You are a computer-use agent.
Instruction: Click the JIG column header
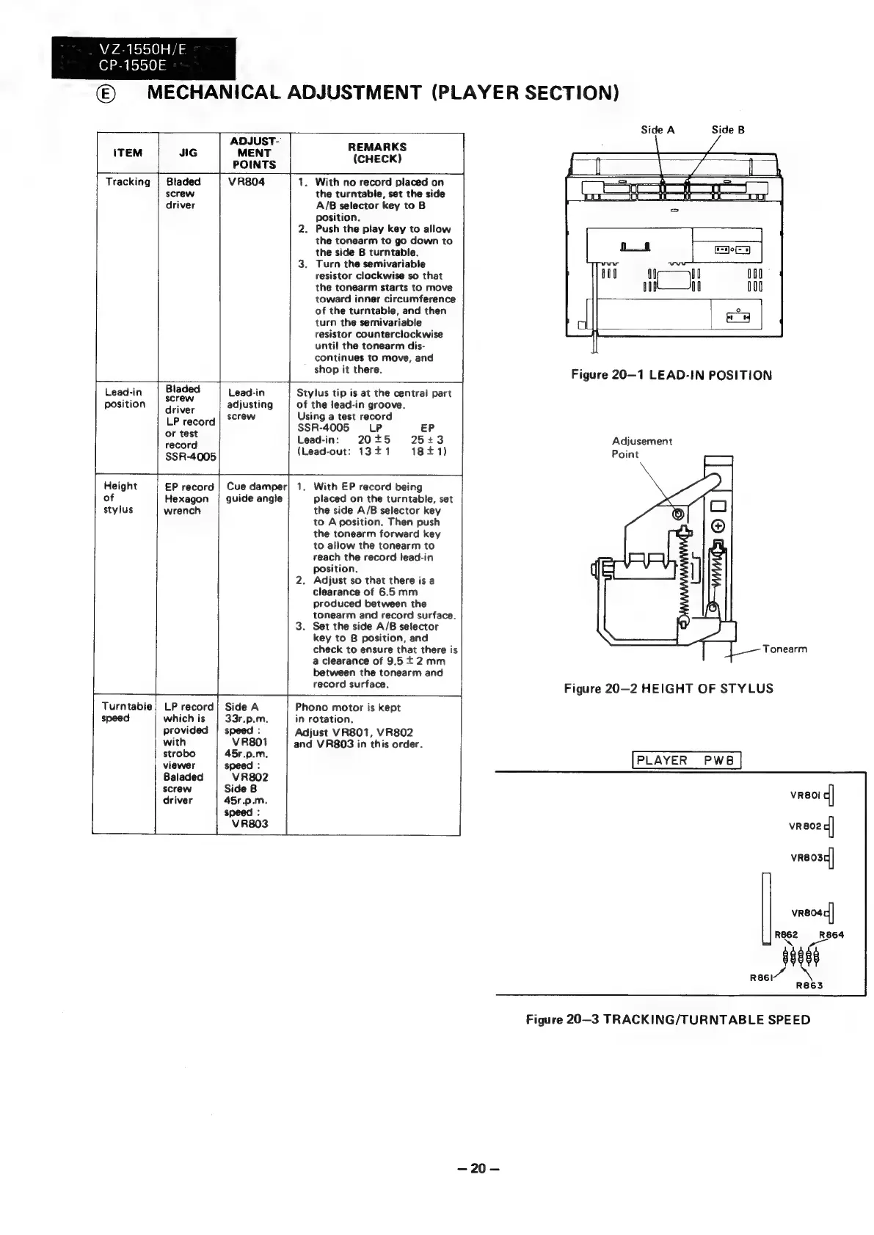(x=189, y=153)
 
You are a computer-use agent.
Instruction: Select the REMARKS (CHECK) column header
(x=377, y=153)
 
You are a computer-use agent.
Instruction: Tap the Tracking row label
(x=128, y=182)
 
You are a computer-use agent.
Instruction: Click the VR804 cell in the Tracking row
(x=247, y=182)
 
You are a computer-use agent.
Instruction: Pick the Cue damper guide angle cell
(x=255, y=492)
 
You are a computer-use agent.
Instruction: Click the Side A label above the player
(x=657, y=130)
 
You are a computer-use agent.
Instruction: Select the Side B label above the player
(x=728, y=130)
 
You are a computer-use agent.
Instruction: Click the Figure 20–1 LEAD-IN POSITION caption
(x=671, y=376)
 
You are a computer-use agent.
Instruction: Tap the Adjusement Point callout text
(x=641, y=448)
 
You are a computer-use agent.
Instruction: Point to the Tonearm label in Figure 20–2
(x=784, y=649)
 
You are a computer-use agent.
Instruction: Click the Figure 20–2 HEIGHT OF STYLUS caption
(x=668, y=688)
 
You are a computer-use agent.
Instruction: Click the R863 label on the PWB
(x=810, y=986)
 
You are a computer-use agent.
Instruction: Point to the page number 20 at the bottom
(x=478, y=1169)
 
